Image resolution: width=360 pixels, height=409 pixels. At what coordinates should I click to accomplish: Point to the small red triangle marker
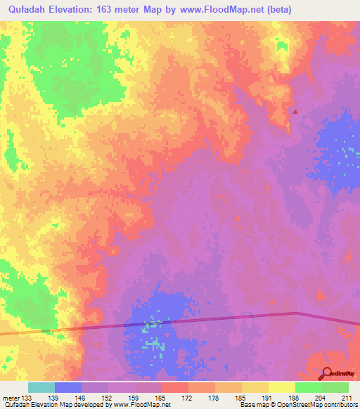[x=295, y=111]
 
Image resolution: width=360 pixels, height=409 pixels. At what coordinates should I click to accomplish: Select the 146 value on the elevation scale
[x=82, y=398]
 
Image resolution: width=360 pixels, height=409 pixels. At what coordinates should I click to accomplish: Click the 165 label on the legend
[x=161, y=398]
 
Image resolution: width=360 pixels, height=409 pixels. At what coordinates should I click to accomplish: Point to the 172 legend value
[x=188, y=398]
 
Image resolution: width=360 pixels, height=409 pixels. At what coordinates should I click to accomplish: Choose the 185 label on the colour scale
[x=241, y=398]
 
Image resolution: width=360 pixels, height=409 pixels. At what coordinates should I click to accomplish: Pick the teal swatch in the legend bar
[x=41, y=387]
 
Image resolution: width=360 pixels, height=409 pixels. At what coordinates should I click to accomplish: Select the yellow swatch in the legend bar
[x=281, y=387]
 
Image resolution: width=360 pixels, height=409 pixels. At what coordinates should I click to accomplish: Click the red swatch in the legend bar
[x=174, y=387]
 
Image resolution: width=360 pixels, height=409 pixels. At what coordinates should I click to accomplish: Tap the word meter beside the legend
[x=11, y=398]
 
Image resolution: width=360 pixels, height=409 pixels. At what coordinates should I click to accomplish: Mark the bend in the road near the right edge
[x=297, y=313]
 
